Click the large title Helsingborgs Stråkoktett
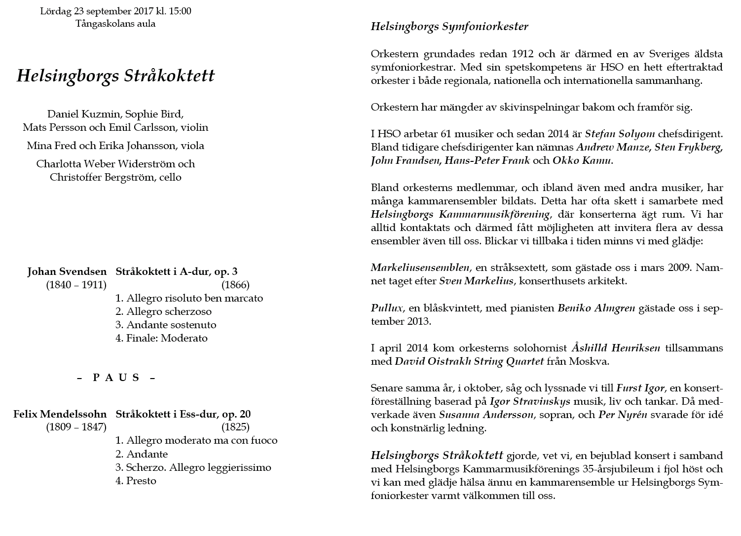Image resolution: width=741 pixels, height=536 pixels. coord(115,76)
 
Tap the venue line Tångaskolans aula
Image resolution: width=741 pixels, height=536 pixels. coord(115,23)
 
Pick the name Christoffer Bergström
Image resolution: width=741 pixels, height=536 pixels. coord(101,177)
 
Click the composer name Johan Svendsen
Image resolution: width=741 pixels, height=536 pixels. coord(67,271)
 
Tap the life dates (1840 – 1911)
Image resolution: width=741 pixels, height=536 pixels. coord(76,285)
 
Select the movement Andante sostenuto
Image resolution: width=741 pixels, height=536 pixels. coord(171,325)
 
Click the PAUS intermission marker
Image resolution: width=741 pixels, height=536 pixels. coord(116,378)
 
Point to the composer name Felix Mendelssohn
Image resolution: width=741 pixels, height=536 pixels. coord(60,414)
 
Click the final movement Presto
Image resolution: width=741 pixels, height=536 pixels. coord(141,481)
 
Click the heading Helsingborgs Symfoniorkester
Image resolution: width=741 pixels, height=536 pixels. coord(449,27)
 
